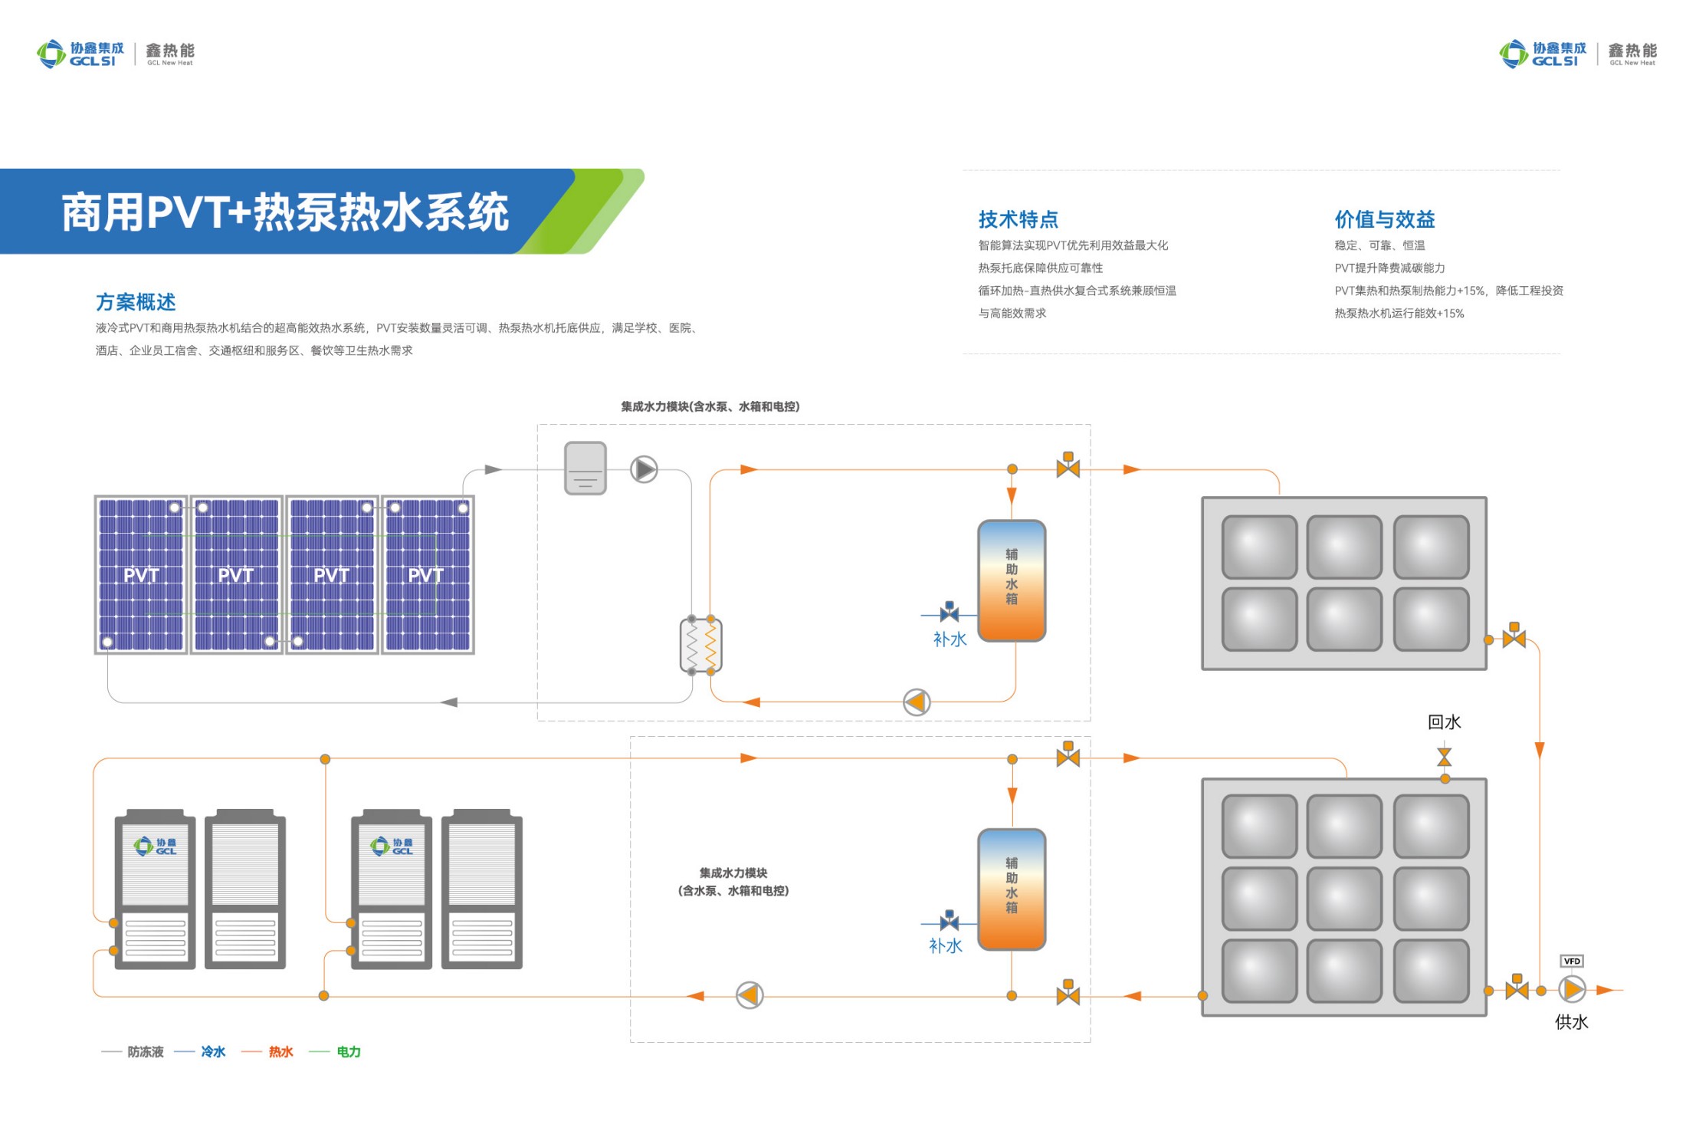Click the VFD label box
[x=1571, y=961]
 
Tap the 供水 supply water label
[x=1571, y=1021]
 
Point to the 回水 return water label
[x=1444, y=722]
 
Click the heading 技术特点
[x=1018, y=220]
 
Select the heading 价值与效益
[x=1384, y=220]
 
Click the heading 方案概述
[x=136, y=302]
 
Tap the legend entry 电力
[x=348, y=1052]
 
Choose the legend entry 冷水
[x=213, y=1052]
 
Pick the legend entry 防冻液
[x=146, y=1052]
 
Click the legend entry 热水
[x=280, y=1052]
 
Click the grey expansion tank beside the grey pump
[x=586, y=468]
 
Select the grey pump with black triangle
[x=644, y=469]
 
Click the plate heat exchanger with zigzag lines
[x=701, y=646]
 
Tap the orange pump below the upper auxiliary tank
[x=917, y=702]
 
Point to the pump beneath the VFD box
[x=1572, y=990]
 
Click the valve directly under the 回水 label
[x=1445, y=758]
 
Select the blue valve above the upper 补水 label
[x=950, y=612]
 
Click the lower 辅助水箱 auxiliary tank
[x=1012, y=889]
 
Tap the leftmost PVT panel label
[x=141, y=575]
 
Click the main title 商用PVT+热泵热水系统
[x=285, y=212]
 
